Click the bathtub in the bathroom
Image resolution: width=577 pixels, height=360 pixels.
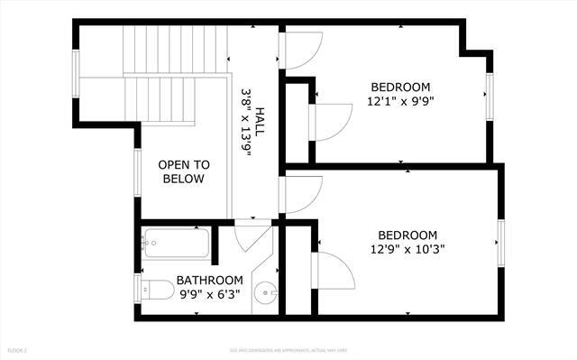point(176,243)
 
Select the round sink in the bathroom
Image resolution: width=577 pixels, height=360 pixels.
point(263,292)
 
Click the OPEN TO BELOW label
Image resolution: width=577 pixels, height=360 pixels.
point(184,171)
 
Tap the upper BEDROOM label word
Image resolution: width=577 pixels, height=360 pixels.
point(400,88)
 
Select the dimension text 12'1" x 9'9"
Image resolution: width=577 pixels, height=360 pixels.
point(400,102)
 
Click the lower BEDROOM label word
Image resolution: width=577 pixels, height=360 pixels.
point(408,235)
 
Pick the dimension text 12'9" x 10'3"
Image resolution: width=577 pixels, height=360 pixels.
point(408,249)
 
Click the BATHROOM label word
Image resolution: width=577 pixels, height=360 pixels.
point(210,280)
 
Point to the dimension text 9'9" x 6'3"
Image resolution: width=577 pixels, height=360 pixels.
point(210,293)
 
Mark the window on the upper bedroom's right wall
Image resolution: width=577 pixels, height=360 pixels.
point(490,94)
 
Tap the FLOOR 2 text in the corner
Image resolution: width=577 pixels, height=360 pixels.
point(18,348)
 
